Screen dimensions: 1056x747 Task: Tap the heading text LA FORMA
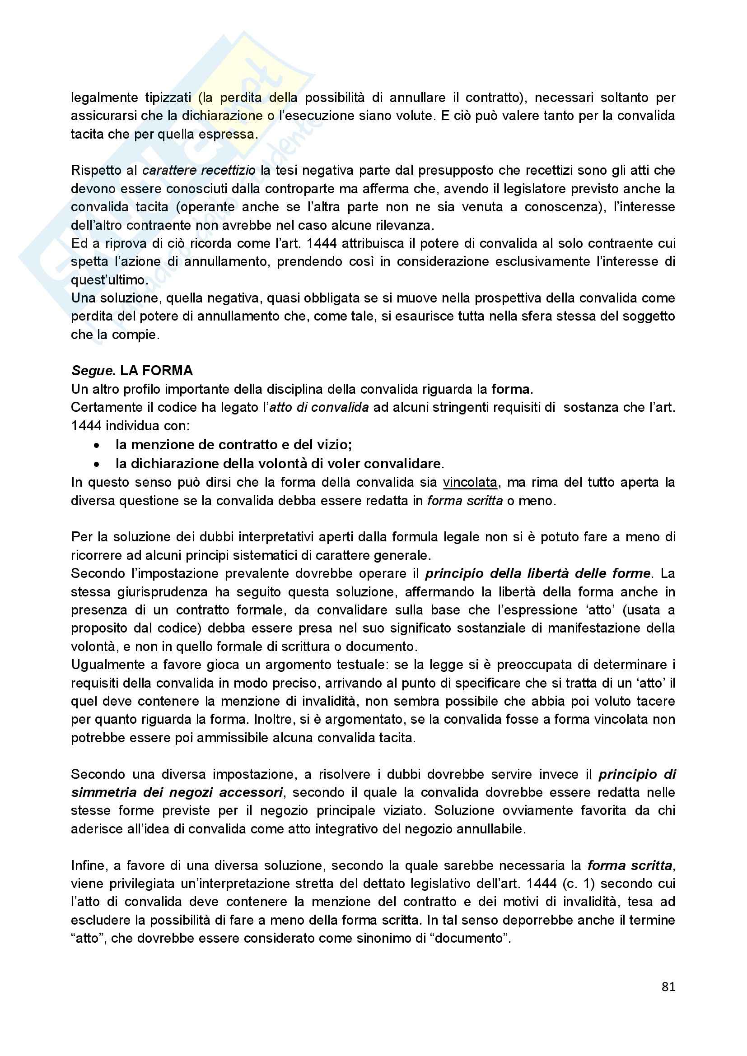click(156, 371)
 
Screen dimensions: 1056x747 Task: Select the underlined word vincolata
click(470, 482)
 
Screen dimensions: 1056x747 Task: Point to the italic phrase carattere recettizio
click(199, 170)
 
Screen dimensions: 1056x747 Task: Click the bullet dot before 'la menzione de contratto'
click(96, 445)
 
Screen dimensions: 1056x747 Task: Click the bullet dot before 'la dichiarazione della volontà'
click(96, 464)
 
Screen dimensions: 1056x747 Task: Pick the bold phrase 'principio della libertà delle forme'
click(538, 573)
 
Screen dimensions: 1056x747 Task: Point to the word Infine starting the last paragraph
click(89, 865)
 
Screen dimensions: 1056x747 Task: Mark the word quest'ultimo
click(107, 279)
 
